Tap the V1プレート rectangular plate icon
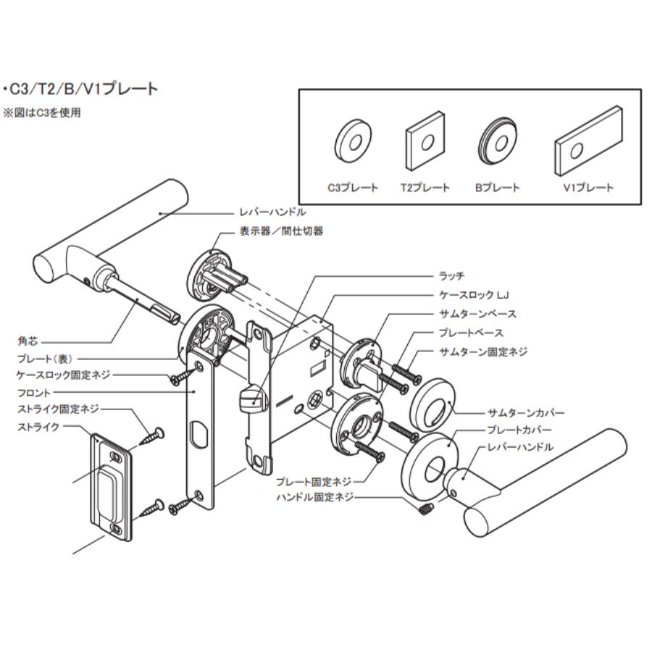point(588,143)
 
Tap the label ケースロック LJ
point(472,296)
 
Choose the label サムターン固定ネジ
point(483,351)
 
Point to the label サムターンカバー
point(524,413)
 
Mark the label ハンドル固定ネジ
point(315,498)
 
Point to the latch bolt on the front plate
point(249,399)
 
